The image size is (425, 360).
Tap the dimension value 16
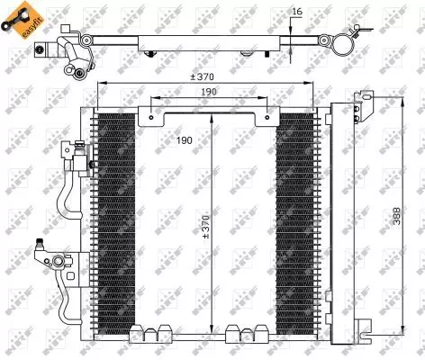tap(297, 12)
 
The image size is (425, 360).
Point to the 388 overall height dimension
tap(395, 217)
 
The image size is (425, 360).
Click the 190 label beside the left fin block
tap(184, 140)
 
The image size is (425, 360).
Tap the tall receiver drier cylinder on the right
tap(343, 216)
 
